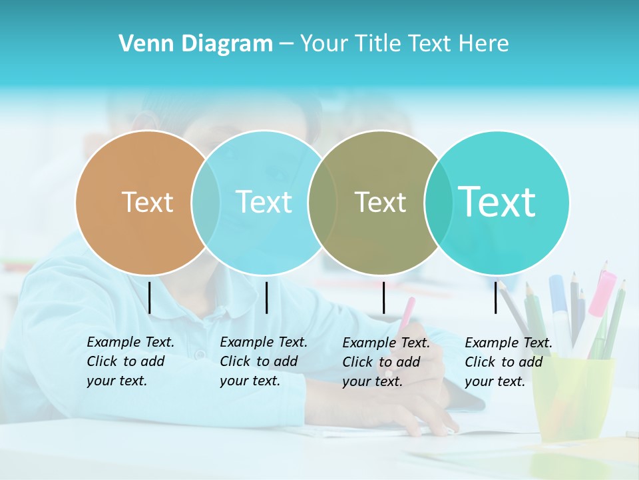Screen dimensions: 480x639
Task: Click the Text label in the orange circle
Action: coord(147,202)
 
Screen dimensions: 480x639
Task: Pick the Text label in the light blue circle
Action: coord(264,202)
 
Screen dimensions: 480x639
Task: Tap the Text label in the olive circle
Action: coord(380,202)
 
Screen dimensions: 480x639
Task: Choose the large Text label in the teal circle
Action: coord(497,201)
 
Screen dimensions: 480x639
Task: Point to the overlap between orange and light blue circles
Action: coord(206,202)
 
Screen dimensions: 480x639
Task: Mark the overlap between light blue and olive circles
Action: coord(322,202)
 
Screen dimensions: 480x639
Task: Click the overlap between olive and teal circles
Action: coord(438,202)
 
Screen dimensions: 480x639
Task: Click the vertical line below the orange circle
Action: coord(150,297)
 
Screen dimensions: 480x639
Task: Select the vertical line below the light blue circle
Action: coord(266,297)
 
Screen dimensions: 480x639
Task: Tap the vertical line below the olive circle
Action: coord(383,297)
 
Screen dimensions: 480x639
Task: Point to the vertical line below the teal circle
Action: coord(496,297)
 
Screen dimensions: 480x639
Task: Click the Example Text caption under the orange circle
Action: coord(130,361)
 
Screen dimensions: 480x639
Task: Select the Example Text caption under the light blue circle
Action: coord(263,361)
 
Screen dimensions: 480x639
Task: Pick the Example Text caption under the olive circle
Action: coord(385,362)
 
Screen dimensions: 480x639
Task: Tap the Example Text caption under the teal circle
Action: coord(508,362)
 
